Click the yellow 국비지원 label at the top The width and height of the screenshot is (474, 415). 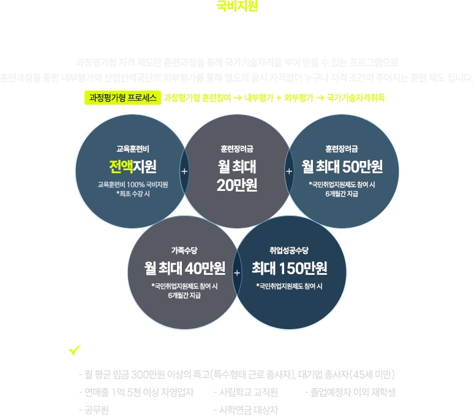[237, 7]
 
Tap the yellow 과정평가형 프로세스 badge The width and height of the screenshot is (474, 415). [122, 97]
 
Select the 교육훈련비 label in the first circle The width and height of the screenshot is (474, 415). [133, 148]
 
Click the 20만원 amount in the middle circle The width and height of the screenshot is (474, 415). [237, 185]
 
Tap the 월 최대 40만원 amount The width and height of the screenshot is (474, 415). [184, 268]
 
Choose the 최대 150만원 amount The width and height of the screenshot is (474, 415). [289, 268]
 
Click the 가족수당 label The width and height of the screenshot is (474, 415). [184, 250]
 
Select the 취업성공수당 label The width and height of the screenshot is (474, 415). [289, 250]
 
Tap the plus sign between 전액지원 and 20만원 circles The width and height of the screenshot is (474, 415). [184, 171]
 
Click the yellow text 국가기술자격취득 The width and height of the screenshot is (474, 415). [356, 97]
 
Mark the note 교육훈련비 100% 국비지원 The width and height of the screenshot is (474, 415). [133, 184]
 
